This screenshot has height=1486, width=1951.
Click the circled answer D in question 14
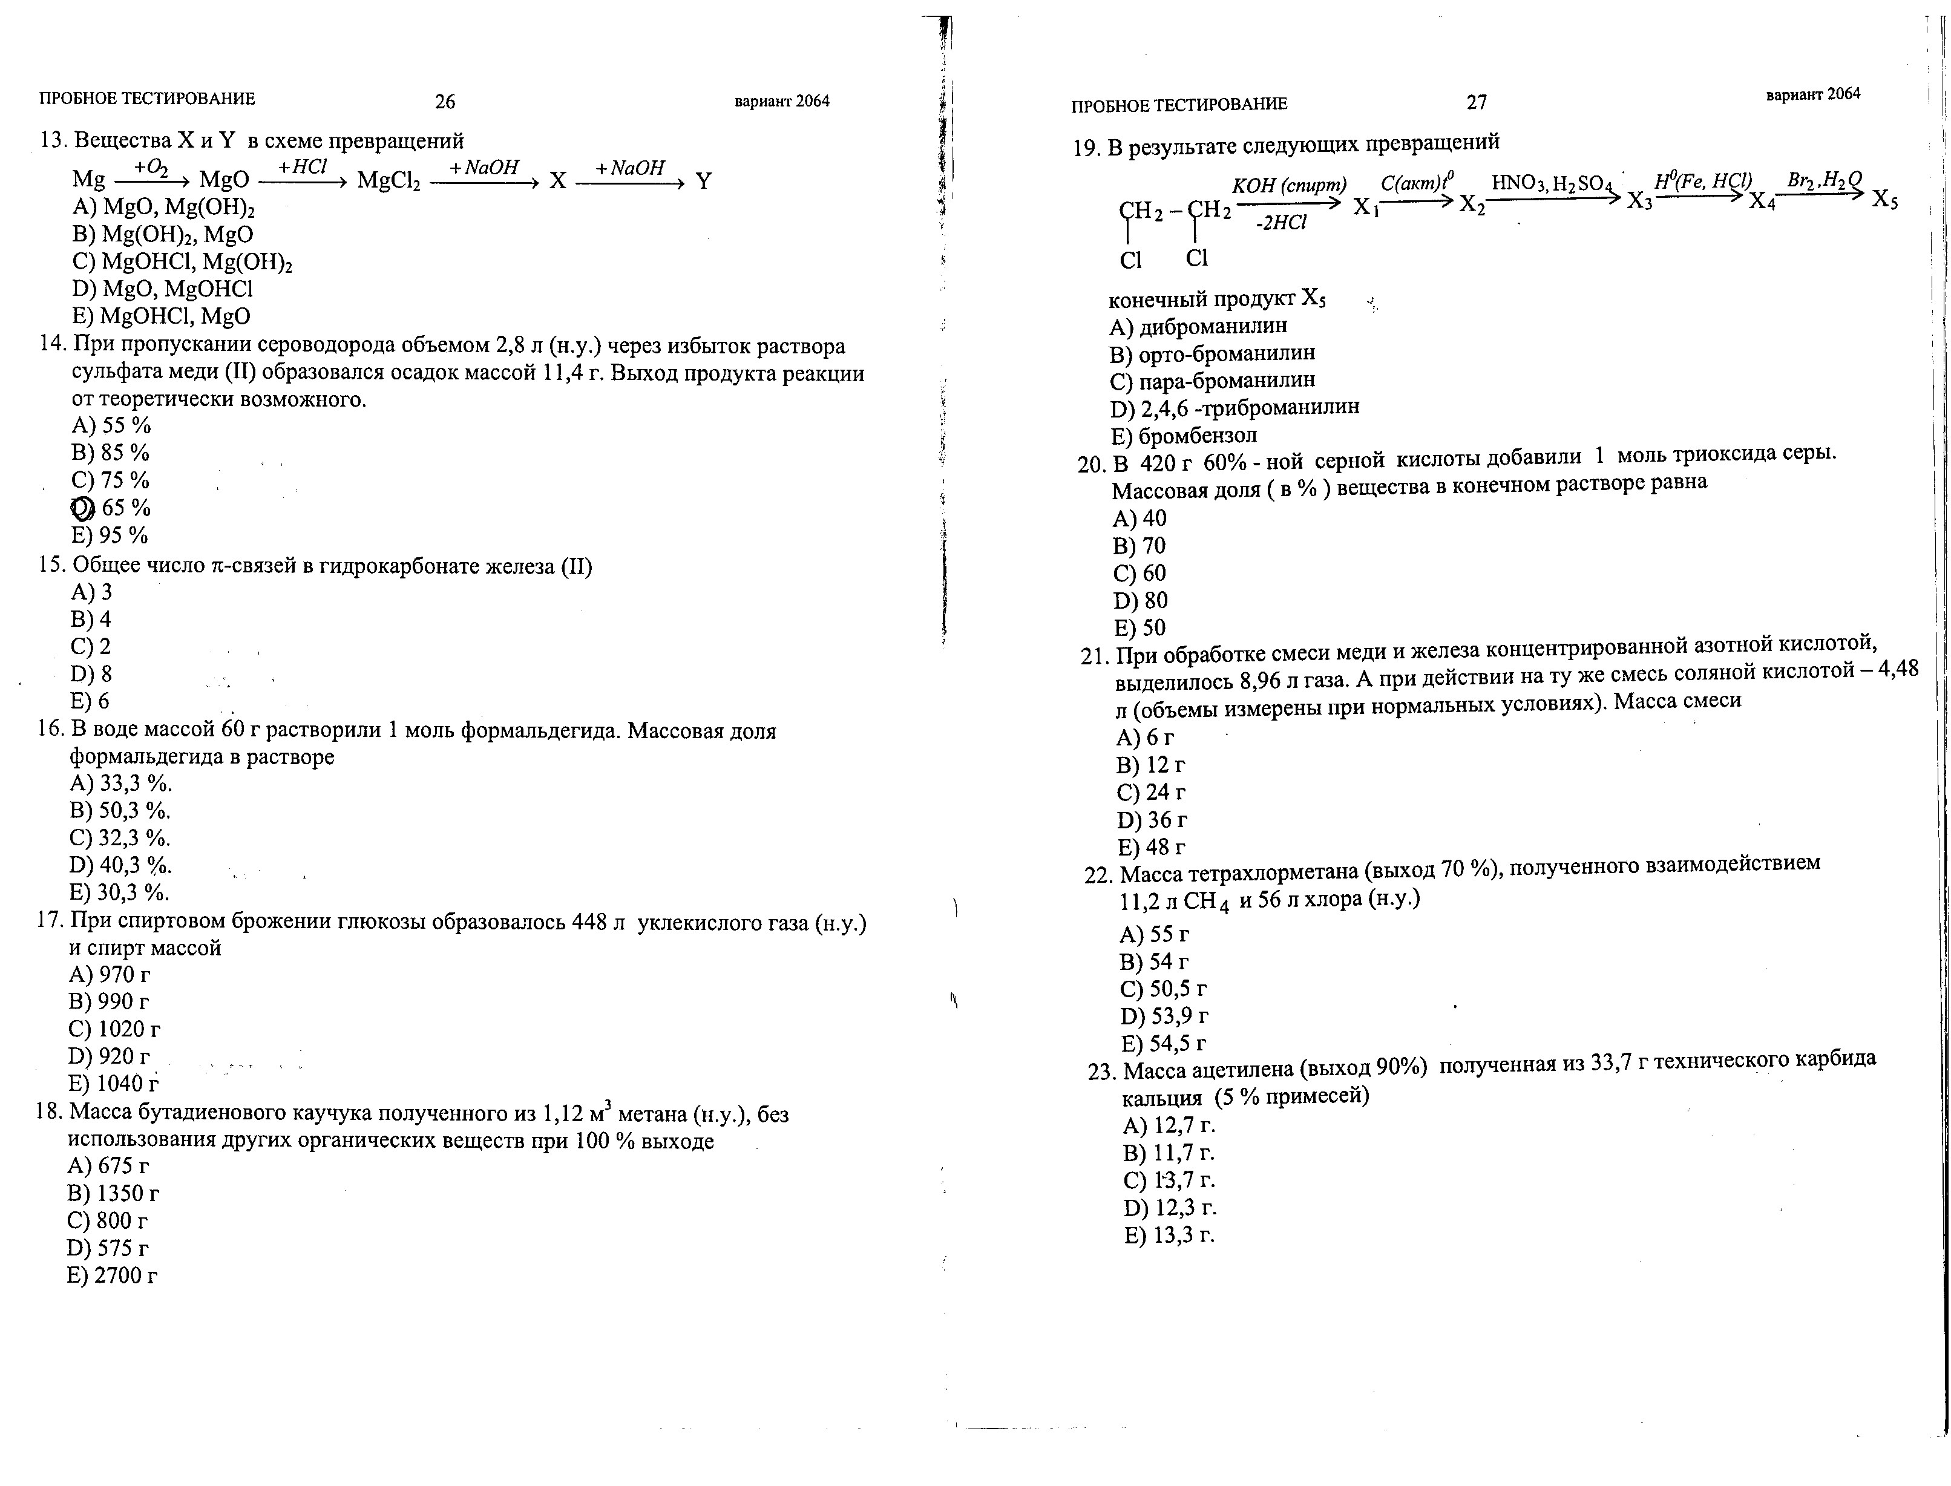click(x=82, y=508)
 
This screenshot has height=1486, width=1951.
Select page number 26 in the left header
click(x=444, y=102)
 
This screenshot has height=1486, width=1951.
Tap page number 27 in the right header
click(x=1476, y=103)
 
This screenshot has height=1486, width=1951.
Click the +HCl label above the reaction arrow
click(x=303, y=167)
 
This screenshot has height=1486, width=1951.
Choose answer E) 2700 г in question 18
click(x=113, y=1275)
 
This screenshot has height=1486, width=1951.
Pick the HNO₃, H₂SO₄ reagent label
click(x=1553, y=183)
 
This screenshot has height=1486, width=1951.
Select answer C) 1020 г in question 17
click(x=114, y=1029)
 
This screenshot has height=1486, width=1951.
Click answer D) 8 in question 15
click(x=91, y=674)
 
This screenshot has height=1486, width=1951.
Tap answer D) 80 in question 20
click(x=1141, y=601)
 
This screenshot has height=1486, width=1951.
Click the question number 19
click(x=1085, y=149)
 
